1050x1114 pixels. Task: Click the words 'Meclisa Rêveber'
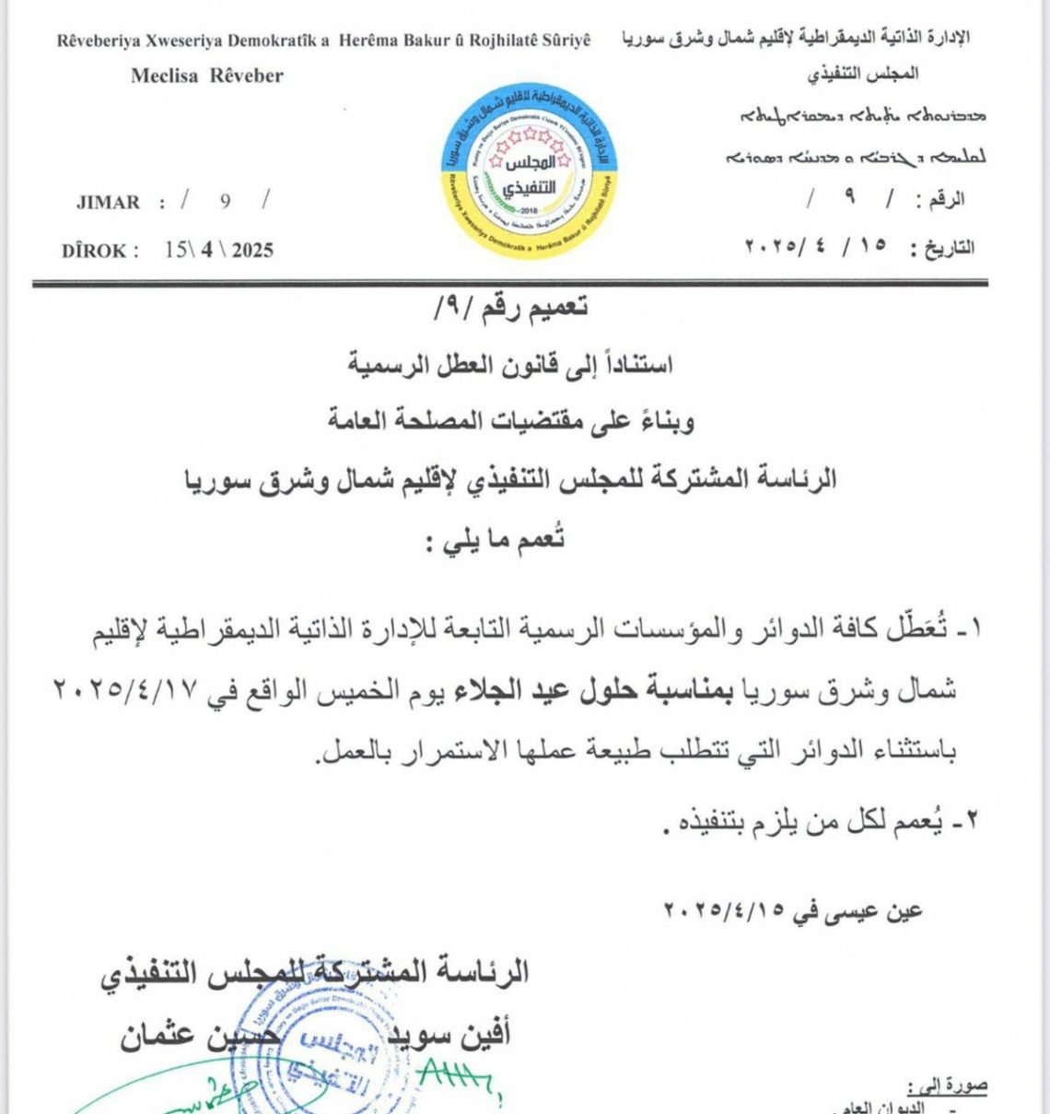pyautogui.click(x=206, y=76)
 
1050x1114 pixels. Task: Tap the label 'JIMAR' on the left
pyautogui.click(x=108, y=203)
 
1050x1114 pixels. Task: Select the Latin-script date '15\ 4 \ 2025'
pyautogui.click(x=218, y=250)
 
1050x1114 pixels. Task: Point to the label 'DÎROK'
pyautogui.click(x=100, y=251)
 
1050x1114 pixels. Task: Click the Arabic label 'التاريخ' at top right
pyautogui.click(x=948, y=248)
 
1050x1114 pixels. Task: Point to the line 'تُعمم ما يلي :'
pyautogui.click(x=494, y=540)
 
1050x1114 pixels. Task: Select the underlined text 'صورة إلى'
pyautogui.click(x=946, y=1086)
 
